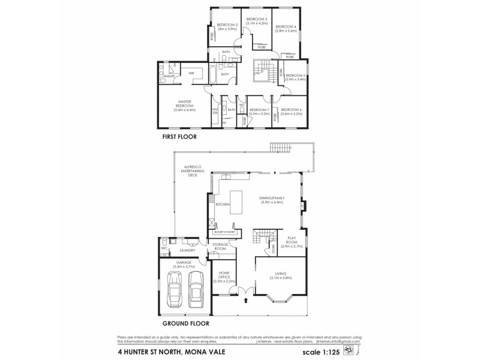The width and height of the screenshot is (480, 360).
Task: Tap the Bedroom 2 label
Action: click(x=228, y=26)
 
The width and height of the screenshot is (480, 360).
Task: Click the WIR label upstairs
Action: click(x=191, y=73)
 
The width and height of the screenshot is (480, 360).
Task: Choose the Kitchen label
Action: click(x=223, y=205)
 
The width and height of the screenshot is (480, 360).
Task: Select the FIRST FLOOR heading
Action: click(x=179, y=137)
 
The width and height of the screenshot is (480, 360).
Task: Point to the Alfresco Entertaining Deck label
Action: click(x=194, y=171)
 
